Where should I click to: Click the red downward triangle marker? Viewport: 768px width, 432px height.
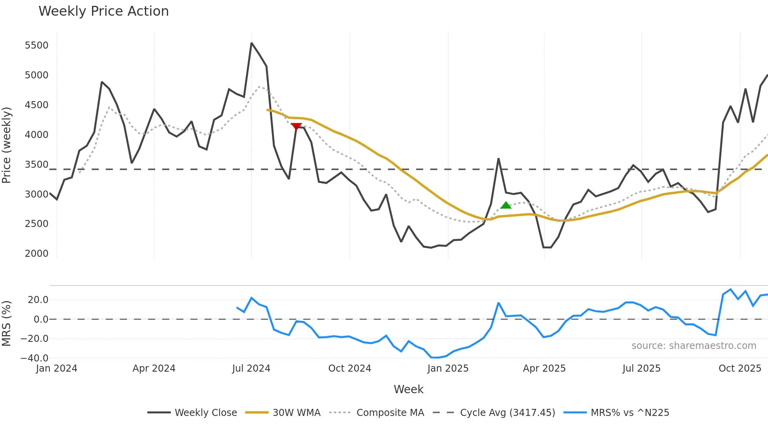coord(296,126)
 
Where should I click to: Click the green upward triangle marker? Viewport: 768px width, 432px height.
coord(506,205)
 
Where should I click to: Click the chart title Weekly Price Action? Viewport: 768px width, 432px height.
coord(103,11)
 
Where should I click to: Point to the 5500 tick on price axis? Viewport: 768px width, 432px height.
coord(36,45)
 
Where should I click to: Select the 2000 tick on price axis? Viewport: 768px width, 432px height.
coord(36,254)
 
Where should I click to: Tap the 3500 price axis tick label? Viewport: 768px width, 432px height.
coord(36,165)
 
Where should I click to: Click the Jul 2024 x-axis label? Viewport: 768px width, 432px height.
coord(251,368)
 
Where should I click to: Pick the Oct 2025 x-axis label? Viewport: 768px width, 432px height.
coord(739,368)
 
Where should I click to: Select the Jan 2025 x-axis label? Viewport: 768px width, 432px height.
coord(447,368)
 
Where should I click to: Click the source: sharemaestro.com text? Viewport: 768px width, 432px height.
coord(694,346)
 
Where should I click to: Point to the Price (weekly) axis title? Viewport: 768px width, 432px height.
coord(6,145)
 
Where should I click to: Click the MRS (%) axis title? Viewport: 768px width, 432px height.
coord(6,323)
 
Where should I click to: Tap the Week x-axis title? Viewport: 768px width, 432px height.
coord(408,389)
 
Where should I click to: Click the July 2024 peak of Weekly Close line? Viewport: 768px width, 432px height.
coord(252,43)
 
